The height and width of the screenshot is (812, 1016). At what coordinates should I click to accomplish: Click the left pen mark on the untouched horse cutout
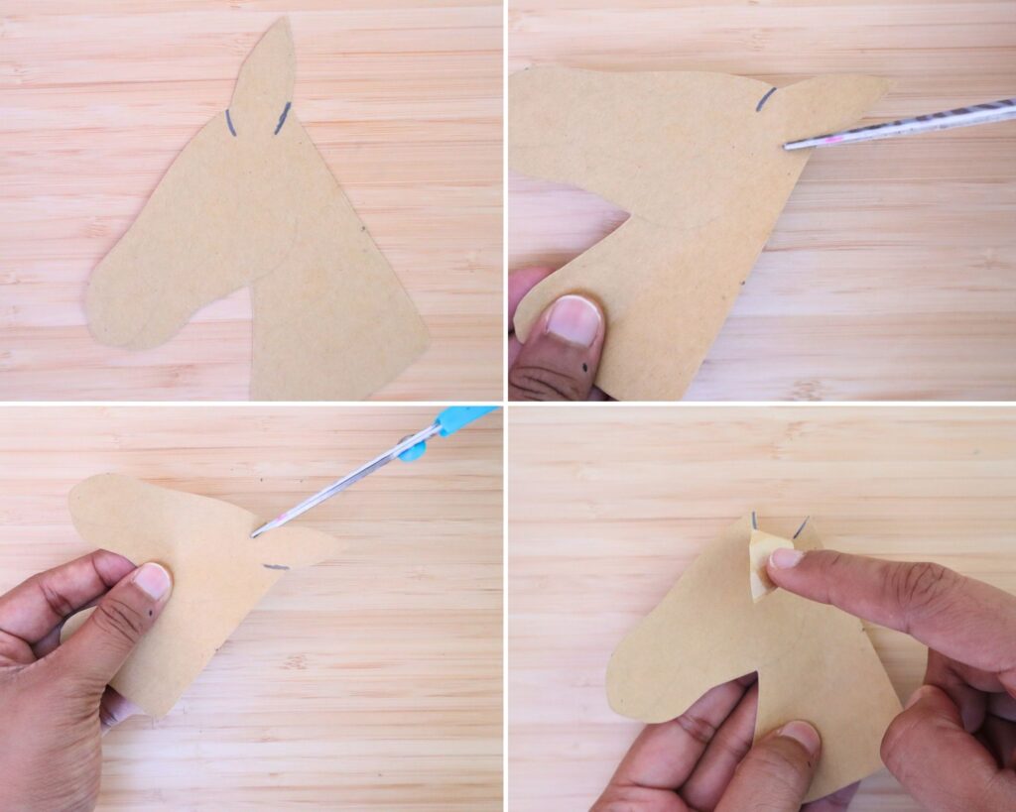click(x=230, y=122)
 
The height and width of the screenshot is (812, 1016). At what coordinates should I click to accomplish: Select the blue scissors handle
click(x=460, y=419)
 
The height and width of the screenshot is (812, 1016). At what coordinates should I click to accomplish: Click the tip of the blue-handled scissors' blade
click(x=256, y=534)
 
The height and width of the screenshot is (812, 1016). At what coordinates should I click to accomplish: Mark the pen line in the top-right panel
click(x=766, y=98)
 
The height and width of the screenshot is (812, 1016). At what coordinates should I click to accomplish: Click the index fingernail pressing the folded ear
click(x=787, y=559)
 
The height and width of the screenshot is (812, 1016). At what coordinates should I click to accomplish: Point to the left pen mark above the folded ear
click(x=755, y=520)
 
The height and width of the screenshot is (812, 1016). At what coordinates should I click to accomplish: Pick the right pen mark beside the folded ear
click(x=801, y=526)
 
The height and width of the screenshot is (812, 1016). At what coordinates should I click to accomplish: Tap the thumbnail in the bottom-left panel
click(x=152, y=581)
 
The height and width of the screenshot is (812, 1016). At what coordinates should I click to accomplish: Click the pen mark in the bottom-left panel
click(x=275, y=567)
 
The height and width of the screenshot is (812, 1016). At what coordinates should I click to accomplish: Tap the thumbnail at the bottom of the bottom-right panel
click(x=799, y=737)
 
